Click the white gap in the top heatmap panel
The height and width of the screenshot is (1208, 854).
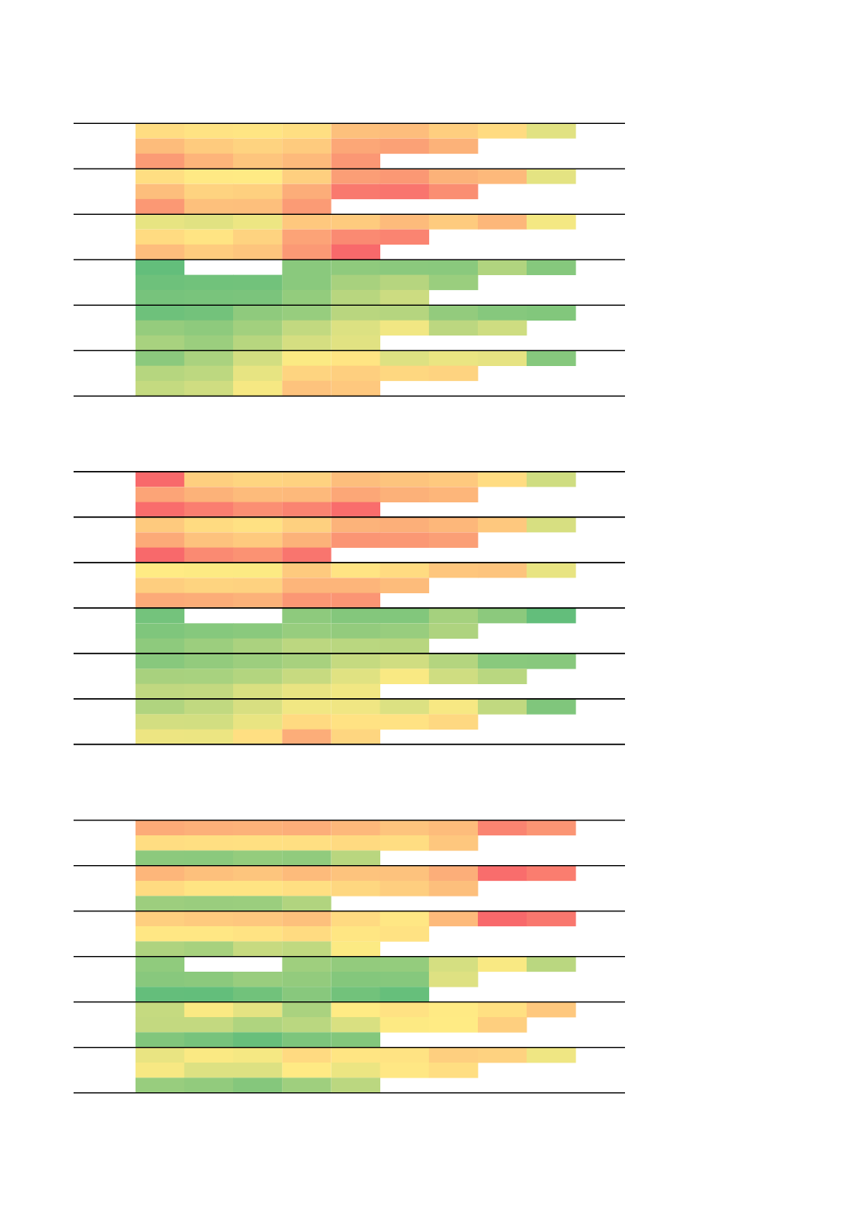click(233, 267)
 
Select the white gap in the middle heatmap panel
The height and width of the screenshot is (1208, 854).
click(233, 616)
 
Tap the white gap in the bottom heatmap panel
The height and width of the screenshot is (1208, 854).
click(233, 964)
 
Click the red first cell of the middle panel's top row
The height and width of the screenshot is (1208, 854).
click(160, 479)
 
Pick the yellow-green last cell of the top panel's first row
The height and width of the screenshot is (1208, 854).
click(551, 131)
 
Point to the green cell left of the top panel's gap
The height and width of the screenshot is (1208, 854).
click(160, 267)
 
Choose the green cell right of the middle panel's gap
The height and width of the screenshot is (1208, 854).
click(306, 616)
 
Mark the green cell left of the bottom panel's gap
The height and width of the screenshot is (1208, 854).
click(160, 964)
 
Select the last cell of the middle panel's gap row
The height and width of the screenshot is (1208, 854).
click(551, 616)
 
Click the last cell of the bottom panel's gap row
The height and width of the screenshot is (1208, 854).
click(551, 964)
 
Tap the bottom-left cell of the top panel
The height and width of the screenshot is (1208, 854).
click(160, 388)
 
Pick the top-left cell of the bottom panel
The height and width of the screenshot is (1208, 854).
click(160, 828)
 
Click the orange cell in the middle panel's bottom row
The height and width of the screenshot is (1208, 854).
click(306, 736)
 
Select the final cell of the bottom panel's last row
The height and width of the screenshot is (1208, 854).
click(355, 1085)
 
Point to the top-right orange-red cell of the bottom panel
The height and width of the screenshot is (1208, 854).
click(551, 828)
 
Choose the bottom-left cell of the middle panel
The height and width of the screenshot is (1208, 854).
click(160, 736)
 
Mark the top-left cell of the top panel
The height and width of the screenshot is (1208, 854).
click(160, 131)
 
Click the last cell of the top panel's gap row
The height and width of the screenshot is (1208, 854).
click(551, 267)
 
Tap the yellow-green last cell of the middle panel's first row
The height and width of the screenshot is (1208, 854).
click(551, 479)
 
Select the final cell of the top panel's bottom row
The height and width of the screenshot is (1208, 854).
click(355, 388)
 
